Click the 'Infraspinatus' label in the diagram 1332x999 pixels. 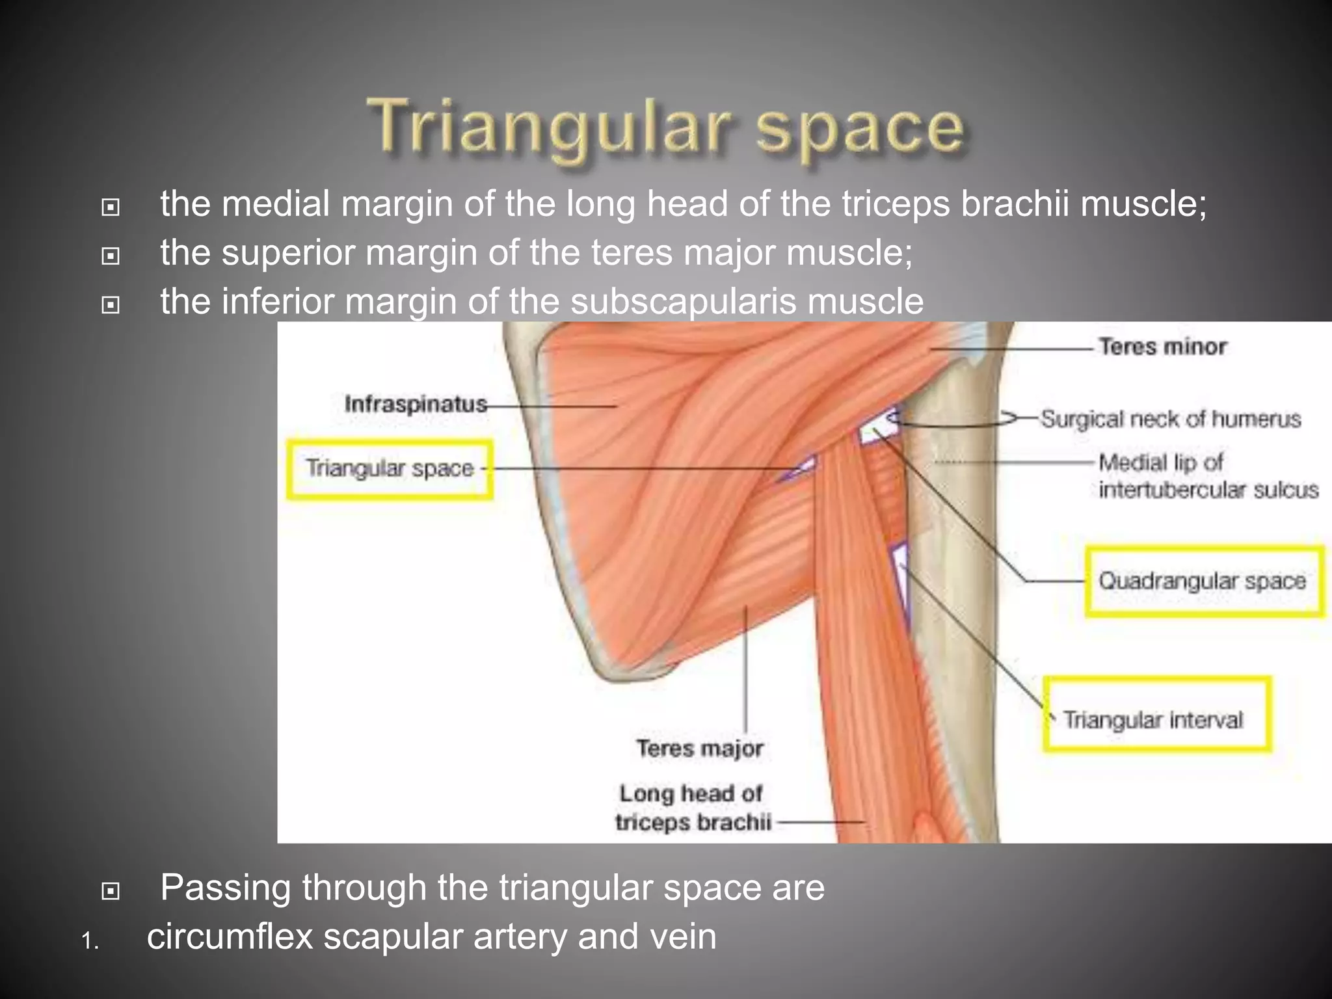click(x=416, y=404)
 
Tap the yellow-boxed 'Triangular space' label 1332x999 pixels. click(x=390, y=469)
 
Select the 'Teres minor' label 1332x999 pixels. click(x=1162, y=347)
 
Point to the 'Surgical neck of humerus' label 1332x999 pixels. click(x=1171, y=419)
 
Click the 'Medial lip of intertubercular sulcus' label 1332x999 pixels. click(x=1208, y=476)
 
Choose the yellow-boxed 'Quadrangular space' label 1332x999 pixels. click(x=1203, y=581)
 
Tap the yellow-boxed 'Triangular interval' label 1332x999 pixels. click(x=1153, y=720)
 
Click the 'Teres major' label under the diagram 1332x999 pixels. click(x=700, y=749)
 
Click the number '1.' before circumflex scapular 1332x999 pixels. click(x=90, y=941)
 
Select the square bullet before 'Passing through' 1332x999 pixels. click(x=111, y=890)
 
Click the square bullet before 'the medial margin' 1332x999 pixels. click(x=111, y=207)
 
